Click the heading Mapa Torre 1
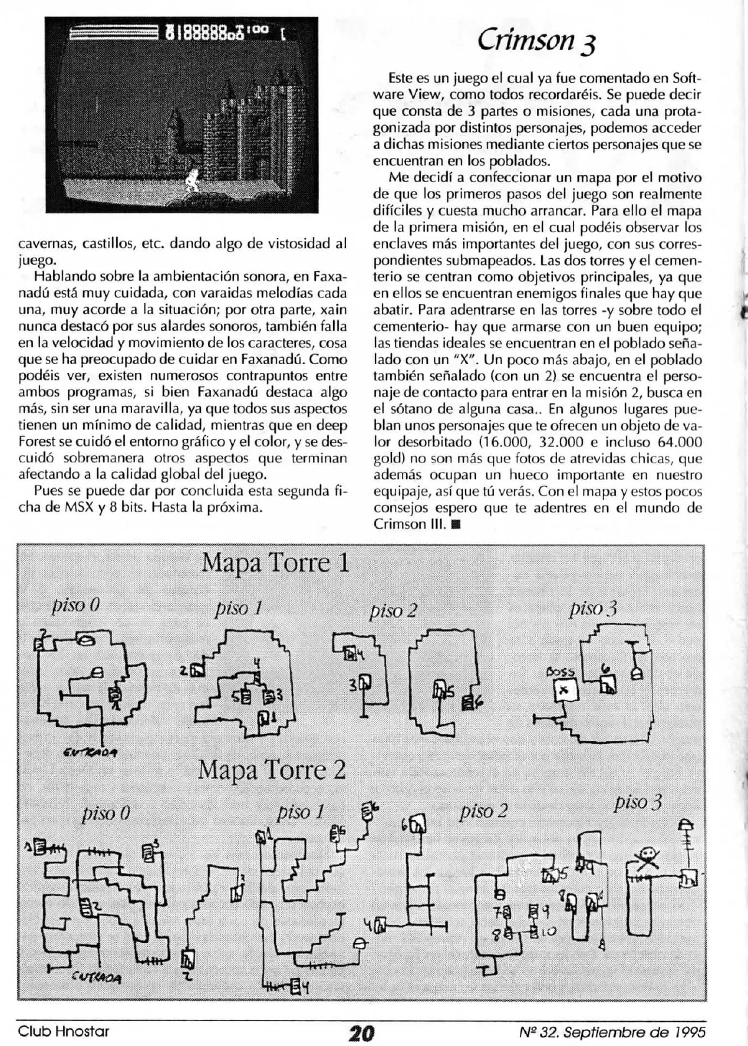coord(275,563)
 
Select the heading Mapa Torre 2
coord(272,770)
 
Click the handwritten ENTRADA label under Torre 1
coord(91,752)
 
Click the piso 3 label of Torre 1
coord(593,608)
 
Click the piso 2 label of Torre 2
coord(483,811)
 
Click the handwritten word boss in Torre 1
coord(560,672)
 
